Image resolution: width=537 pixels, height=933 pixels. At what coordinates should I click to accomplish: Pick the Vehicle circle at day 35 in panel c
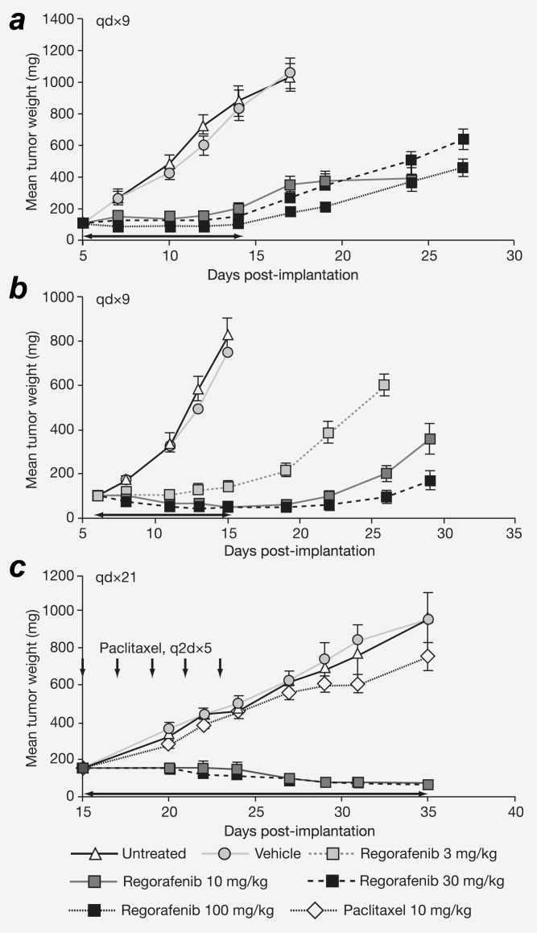click(x=428, y=619)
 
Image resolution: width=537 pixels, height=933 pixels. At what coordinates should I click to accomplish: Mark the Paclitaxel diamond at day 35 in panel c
click(x=428, y=656)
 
